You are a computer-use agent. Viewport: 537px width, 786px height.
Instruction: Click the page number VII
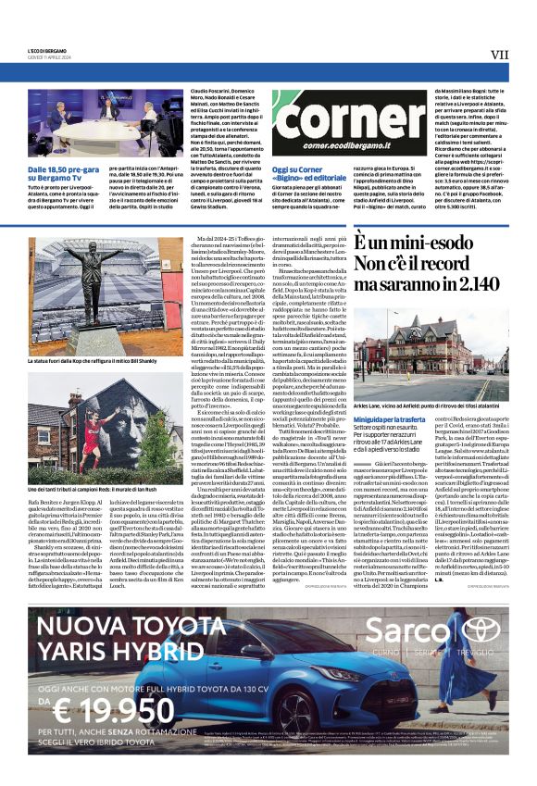(x=500, y=55)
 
